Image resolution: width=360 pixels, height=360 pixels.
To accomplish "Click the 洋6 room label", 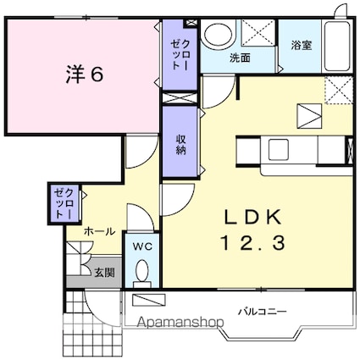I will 84,75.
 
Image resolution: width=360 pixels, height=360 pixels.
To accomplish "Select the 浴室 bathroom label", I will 302,44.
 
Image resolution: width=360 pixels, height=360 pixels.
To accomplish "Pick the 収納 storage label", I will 180,142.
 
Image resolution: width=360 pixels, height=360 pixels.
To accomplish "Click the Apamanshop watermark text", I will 173,323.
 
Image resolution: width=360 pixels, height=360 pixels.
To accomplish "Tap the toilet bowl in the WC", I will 141,273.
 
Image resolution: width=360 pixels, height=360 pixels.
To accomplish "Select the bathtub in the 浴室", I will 337,46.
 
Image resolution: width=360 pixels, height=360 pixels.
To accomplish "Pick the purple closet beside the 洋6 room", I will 180,55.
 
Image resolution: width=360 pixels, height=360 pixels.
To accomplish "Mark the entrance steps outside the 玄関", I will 98,326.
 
